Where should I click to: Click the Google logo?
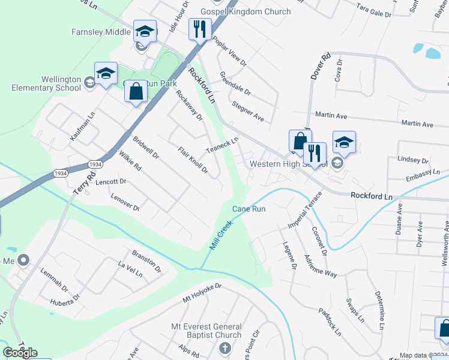pyautogui.click(x=20, y=353)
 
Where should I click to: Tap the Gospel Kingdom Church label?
pyautogui.click(x=246, y=11)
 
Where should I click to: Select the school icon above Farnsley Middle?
pyautogui.click(x=145, y=31)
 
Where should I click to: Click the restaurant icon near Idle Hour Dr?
pyautogui.click(x=200, y=28)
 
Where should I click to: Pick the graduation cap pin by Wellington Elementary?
pyautogui.click(x=106, y=73)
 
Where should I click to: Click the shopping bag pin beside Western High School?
pyautogui.click(x=300, y=141)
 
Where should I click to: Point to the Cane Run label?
pyautogui.click(x=249, y=209)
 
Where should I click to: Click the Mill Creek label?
pyautogui.click(x=220, y=236)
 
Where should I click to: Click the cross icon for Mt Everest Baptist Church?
pyautogui.click(x=225, y=348)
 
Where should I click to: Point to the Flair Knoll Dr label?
pyautogui.click(x=193, y=161)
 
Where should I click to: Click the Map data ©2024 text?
pyautogui.click(x=423, y=355)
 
